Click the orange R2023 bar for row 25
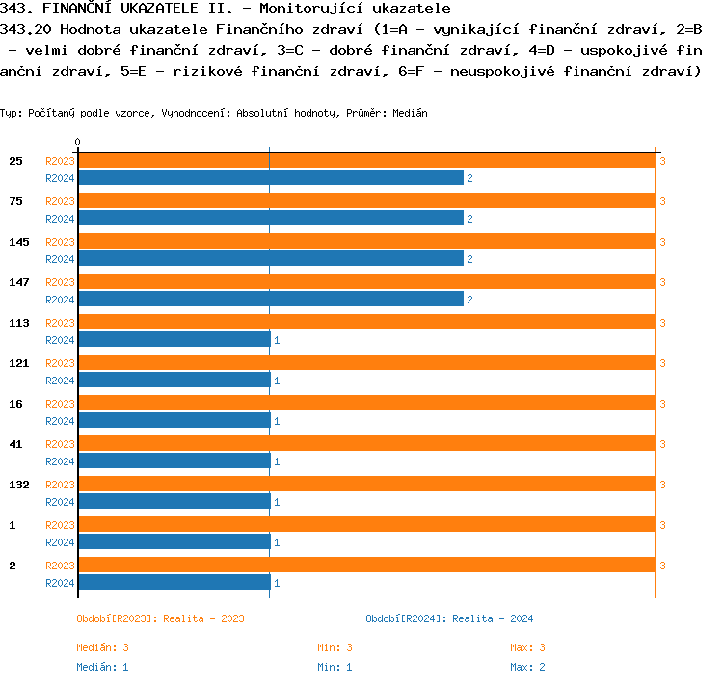(x=366, y=161)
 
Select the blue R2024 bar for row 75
(x=270, y=219)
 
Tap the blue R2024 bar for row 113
(x=174, y=340)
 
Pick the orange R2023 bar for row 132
(x=366, y=485)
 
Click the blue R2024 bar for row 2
(x=174, y=583)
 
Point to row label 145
(x=19, y=242)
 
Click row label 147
(x=19, y=282)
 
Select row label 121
(x=19, y=363)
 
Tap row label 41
(x=16, y=444)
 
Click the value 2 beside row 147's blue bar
(x=469, y=300)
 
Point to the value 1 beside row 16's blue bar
(x=277, y=421)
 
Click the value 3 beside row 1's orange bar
(x=662, y=525)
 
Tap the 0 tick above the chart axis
(x=78, y=143)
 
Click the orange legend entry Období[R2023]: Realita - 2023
(x=160, y=618)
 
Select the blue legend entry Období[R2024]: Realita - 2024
(x=449, y=618)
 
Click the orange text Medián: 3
(x=103, y=647)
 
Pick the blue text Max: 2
(x=528, y=667)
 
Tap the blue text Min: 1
(x=335, y=667)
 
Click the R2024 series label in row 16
(x=60, y=421)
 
